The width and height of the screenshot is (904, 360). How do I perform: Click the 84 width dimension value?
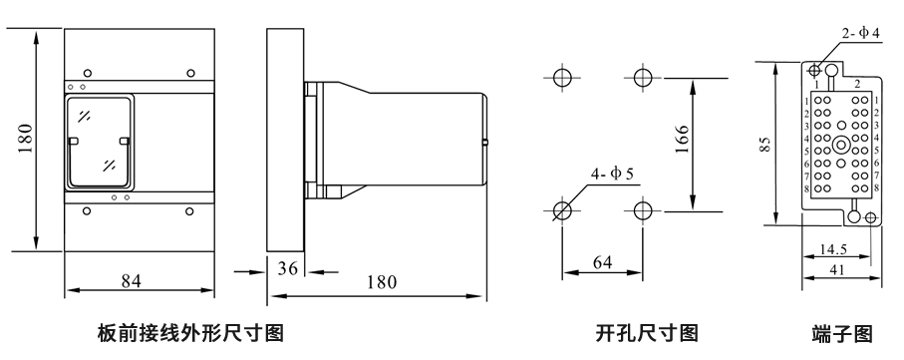[x=131, y=281]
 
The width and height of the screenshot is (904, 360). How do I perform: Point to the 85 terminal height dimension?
[x=764, y=144]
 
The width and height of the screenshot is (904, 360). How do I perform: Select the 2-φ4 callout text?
[x=860, y=34]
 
